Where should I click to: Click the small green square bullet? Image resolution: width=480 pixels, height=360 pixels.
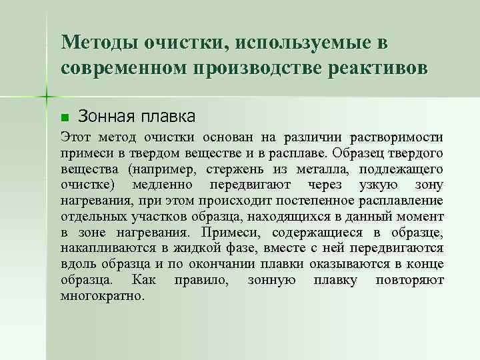click(x=64, y=118)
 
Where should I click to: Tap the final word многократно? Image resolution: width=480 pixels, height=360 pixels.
click(x=102, y=295)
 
